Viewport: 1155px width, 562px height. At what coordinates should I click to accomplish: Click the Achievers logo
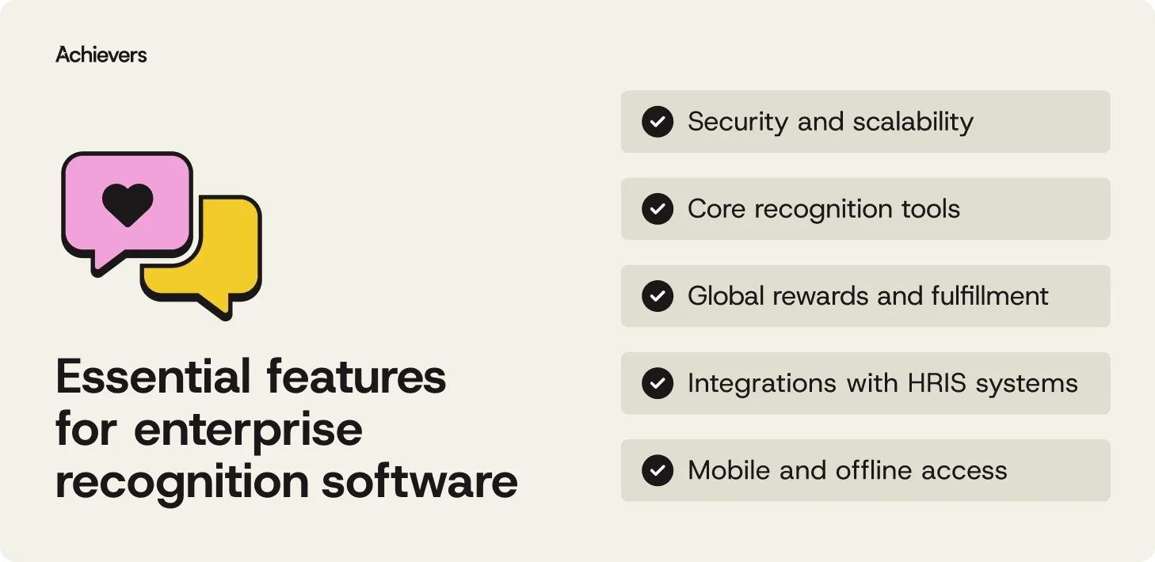tap(101, 55)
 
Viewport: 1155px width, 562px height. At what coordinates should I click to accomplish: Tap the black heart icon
tap(128, 204)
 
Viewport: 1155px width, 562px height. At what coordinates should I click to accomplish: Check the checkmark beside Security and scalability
tap(657, 122)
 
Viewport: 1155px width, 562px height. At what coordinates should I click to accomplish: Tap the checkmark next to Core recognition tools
tap(657, 209)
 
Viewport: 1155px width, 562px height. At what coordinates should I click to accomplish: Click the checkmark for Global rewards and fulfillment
tap(657, 296)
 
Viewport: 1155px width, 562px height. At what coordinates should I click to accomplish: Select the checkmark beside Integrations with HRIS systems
tap(657, 383)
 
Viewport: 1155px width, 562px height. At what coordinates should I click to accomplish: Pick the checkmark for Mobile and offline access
tap(657, 470)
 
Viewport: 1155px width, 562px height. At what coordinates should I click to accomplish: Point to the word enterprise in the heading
tap(248, 430)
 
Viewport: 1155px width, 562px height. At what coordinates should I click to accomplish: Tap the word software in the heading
tap(419, 481)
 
